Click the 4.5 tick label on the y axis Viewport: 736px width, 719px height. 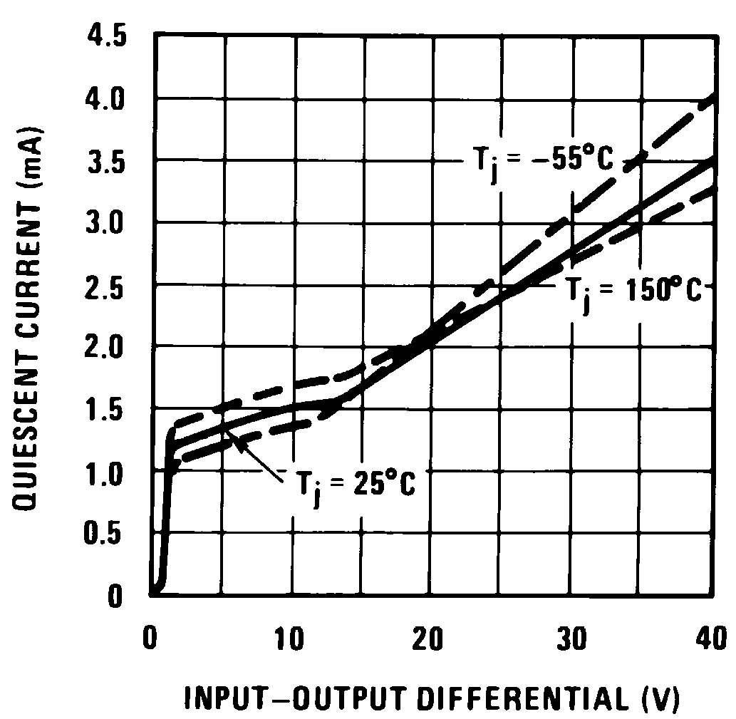pyautogui.click(x=108, y=36)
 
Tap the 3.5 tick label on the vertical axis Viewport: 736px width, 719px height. pyautogui.click(x=108, y=162)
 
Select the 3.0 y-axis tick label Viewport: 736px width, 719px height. pyautogui.click(x=108, y=224)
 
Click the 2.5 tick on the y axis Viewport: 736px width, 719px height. pyautogui.click(x=108, y=286)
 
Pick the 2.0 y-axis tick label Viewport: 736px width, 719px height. pyautogui.click(x=108, y=348)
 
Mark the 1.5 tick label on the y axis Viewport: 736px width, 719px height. pyautogui.click(x=108, y=411)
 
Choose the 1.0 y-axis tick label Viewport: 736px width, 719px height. pyautogui.click(x=108, y=472)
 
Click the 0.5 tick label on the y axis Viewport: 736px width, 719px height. pyautogui.click(x=108, y=534)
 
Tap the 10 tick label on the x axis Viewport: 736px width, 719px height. pyautogui.click(x=289, y=633)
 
